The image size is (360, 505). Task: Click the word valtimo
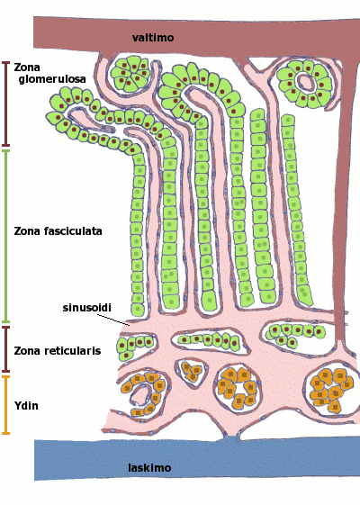(x=153, y=38)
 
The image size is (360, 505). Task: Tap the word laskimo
(x=149, y=467)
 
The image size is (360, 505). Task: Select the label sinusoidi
(x=87, y=308)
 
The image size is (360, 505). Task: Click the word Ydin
(x=26, y=405)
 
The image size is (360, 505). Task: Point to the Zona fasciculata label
(x=58, y=231)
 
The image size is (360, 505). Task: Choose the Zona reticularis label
(x=58, y=350)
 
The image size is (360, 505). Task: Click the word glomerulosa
(x=52, y=79)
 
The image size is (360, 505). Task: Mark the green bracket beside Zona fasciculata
(x=5, y=236)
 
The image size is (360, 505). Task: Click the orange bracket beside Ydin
(x=5, y=405)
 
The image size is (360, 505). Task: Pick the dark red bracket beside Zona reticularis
(x=5, y=349)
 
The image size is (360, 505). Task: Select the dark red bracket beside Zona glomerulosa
(x=5, y=104)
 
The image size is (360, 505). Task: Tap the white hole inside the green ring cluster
(x=305, y=82)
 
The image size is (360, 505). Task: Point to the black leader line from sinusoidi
(x=113, y=320)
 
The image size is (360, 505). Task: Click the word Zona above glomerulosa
(x=27, y=68)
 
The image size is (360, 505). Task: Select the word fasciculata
(x=73, y=231)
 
